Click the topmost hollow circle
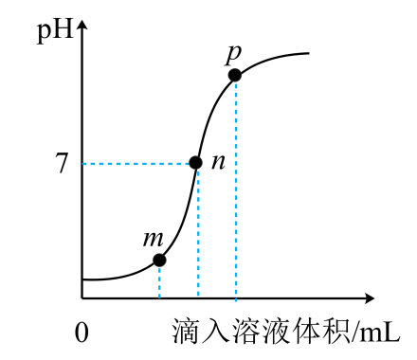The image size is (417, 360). coord(235,75)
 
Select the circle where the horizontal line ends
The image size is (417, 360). coord(195,163)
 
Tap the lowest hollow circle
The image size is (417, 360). coord(159,260)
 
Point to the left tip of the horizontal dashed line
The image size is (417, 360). coord(83,164)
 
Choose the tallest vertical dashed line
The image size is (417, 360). coord(236,189)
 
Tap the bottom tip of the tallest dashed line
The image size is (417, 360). coord(236,299)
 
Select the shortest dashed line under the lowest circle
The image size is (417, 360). coord(159,282)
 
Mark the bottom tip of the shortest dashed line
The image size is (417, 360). coord(159,297)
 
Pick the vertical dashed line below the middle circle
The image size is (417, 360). coord(198,232)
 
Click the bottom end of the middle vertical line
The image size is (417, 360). coord(198,295)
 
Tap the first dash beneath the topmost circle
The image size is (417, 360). coord(236,87)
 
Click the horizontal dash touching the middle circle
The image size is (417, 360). coord(184,164)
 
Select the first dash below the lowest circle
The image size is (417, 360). coord(159,271)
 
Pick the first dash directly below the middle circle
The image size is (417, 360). coord(198,174)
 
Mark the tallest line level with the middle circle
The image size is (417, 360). coord(236,163)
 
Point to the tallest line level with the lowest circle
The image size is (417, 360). coord(236,260)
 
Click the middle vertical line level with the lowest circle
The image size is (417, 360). coord(198,260)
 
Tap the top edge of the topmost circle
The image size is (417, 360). coord(235,68)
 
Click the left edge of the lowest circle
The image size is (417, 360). coord(153,260)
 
